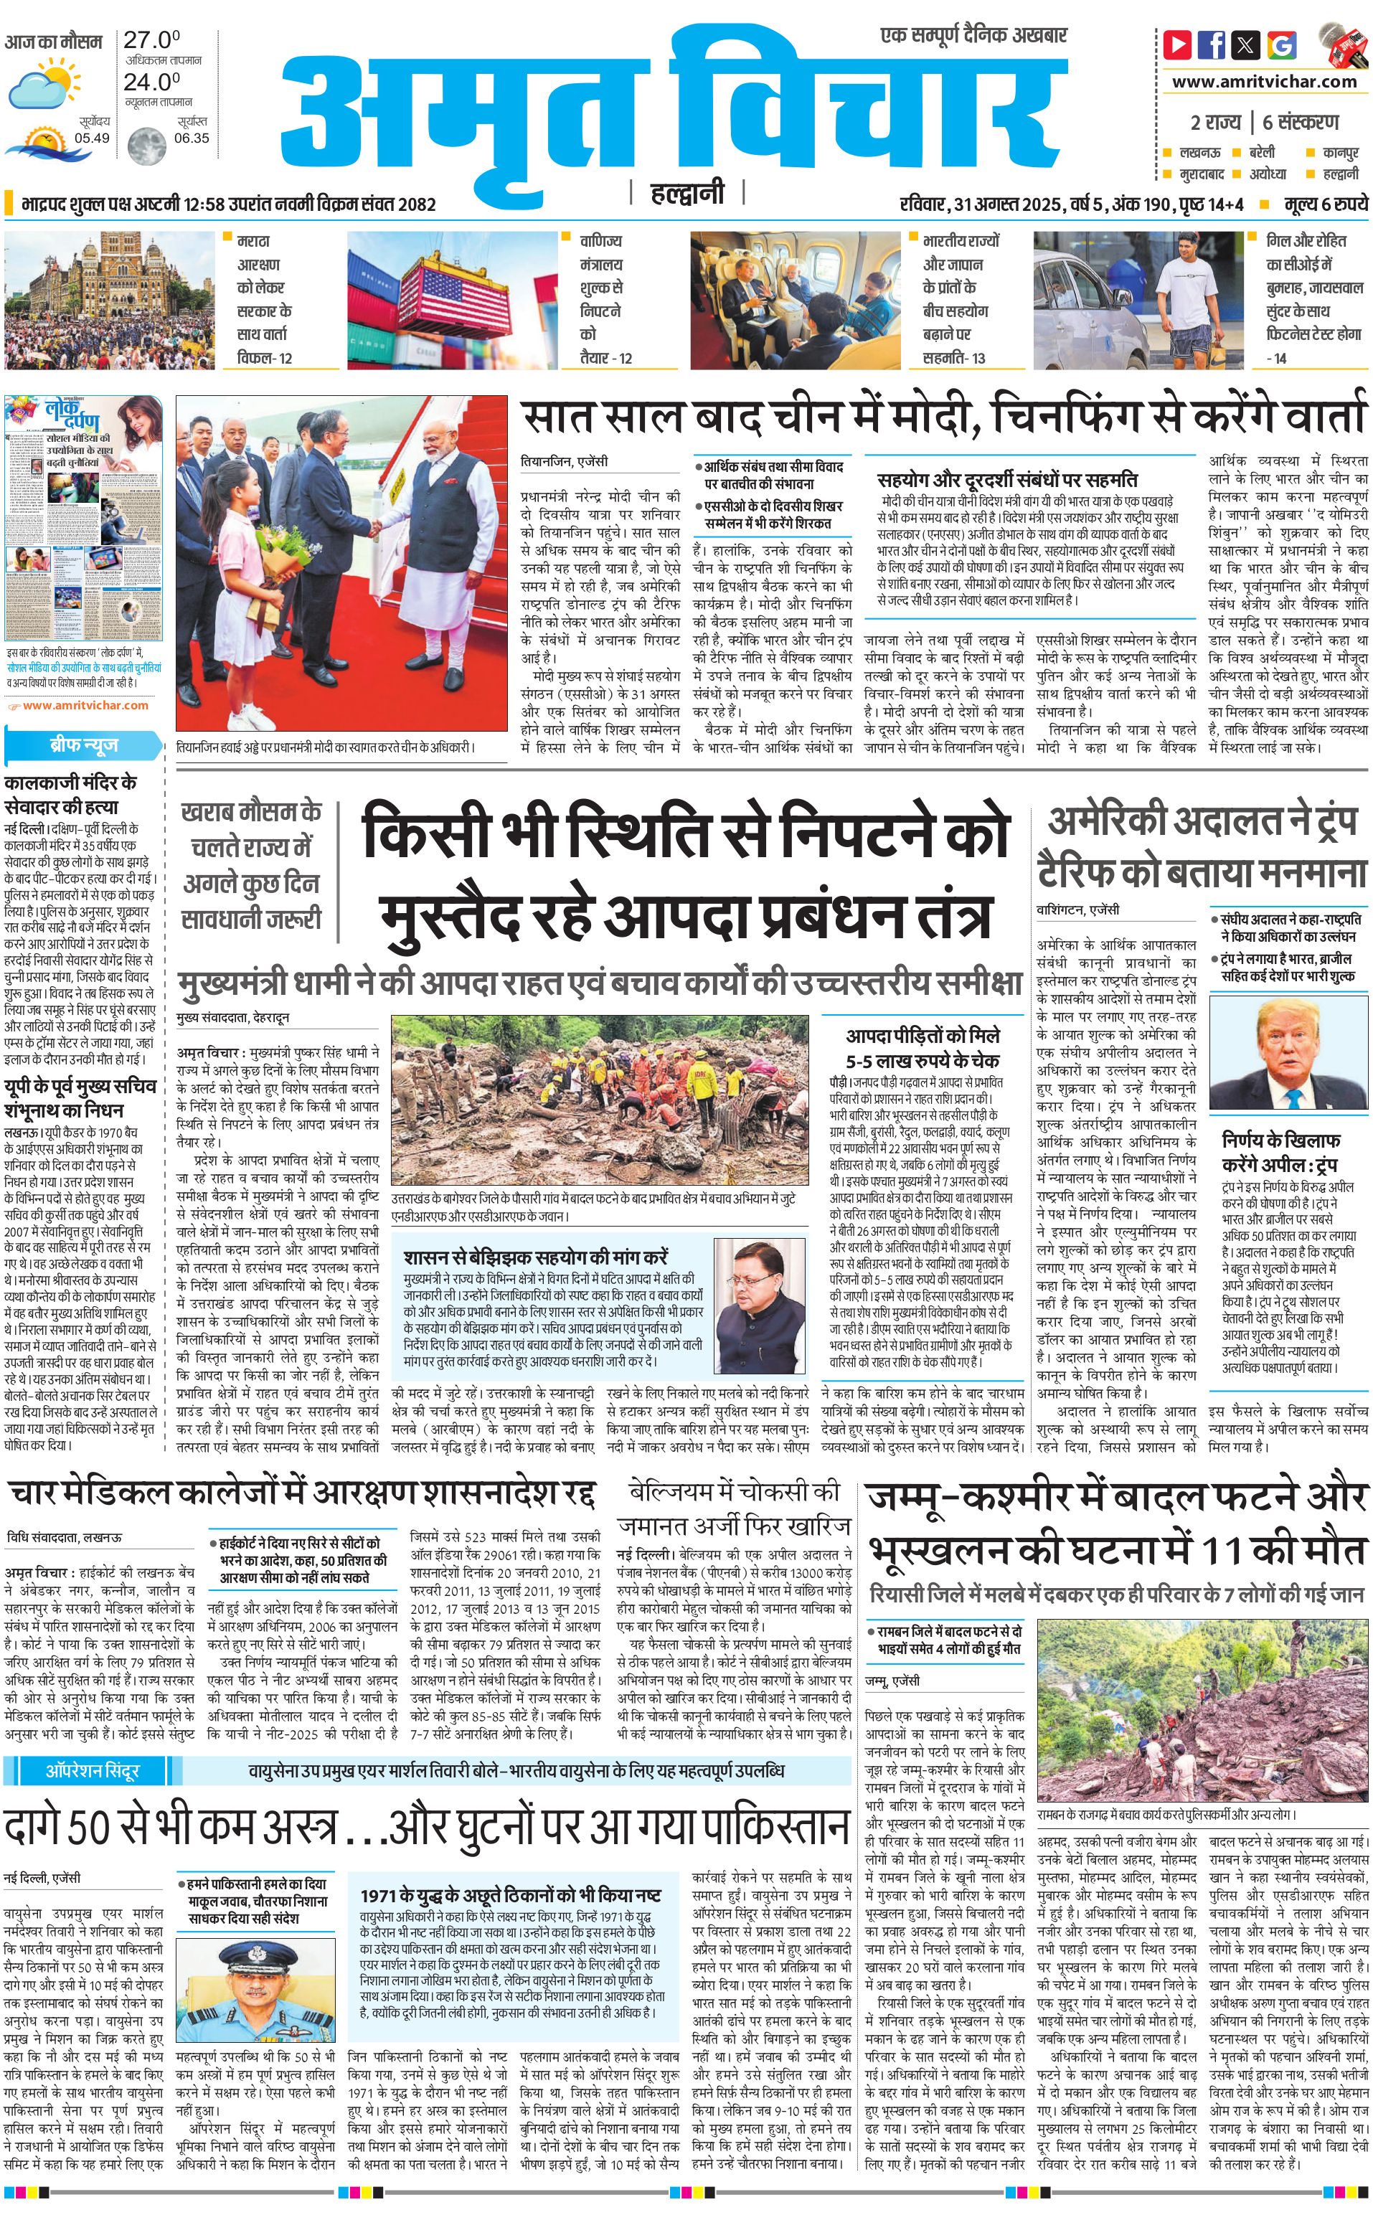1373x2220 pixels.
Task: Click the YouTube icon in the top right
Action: (x=1178, y=44)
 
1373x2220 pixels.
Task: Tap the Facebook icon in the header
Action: (x=1212, y=44)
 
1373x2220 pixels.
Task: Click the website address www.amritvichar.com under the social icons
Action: (x=1264, y=82)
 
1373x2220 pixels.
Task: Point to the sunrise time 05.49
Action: (x=93, y=138)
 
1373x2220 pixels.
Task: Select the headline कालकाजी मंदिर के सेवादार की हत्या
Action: (x=71, y=795)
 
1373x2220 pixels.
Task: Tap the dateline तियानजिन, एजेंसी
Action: (x=564, y=461)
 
